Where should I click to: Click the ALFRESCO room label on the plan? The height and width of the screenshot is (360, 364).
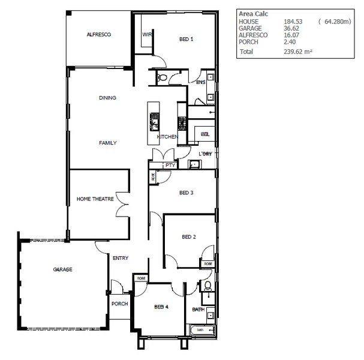98,35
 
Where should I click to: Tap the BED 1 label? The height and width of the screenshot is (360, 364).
186,40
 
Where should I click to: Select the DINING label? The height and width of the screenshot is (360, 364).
107,98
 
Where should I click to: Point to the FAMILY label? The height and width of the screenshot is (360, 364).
107,143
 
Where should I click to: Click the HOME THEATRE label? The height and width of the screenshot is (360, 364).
95,199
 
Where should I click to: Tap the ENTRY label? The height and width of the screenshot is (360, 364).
121,259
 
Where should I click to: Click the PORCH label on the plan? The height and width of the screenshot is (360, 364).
119,304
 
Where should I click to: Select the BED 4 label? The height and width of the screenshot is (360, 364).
161,307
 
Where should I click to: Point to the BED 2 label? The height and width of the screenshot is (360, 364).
189,237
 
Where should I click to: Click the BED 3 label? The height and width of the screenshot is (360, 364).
186,193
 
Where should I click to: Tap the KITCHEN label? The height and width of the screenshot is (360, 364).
167,137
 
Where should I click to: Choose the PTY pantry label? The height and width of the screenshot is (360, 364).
169,165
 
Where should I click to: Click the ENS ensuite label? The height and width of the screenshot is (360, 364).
200,83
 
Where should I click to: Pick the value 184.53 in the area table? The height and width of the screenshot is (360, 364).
293,22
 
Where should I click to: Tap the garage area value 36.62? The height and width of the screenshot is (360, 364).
291,28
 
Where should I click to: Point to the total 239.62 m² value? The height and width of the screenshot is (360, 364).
298,52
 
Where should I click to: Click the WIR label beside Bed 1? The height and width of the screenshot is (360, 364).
146,35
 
